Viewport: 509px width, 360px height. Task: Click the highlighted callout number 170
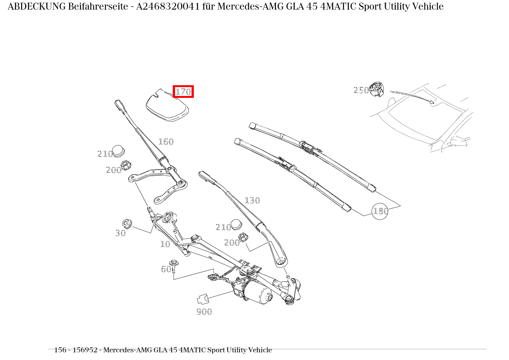coord(183,92)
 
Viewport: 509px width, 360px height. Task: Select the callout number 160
coord(166,142)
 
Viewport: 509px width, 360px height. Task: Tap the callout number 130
coord(252,201)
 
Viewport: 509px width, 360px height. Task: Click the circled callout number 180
coord(380,211)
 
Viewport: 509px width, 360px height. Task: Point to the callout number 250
coord(361,91)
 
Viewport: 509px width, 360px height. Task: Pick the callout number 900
coord(204,312)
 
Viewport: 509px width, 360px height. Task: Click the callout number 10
coord(165,244)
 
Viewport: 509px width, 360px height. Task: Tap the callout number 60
coord(165,269)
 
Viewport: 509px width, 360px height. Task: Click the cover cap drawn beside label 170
coord(168,106)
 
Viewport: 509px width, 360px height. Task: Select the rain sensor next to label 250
coord(377,89)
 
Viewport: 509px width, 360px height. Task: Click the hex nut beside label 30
coord(127,223)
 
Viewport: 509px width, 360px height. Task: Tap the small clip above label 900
coord(202,299)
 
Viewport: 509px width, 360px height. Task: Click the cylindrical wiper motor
coord(259,294)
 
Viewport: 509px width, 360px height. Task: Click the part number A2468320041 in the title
coord(168,7)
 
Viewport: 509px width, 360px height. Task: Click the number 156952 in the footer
coord(86,350)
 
